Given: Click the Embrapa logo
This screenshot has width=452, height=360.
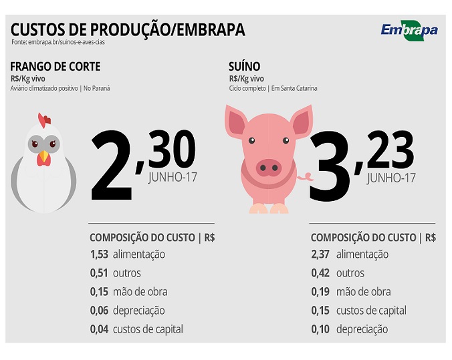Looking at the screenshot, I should tap(409, 30).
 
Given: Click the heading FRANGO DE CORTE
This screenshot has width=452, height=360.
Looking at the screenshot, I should tap(56, 66).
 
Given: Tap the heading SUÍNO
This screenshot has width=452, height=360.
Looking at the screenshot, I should tap(244, 66).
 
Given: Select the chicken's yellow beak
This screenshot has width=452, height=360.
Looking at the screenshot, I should tap(44, 157).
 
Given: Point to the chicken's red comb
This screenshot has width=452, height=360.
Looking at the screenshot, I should tap(44, 121).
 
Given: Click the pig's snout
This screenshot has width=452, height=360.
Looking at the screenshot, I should tap(269, 167).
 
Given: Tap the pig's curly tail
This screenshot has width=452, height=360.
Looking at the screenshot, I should tap(307, 178).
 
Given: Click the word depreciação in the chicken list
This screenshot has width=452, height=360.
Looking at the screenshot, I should tap(138, 311).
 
